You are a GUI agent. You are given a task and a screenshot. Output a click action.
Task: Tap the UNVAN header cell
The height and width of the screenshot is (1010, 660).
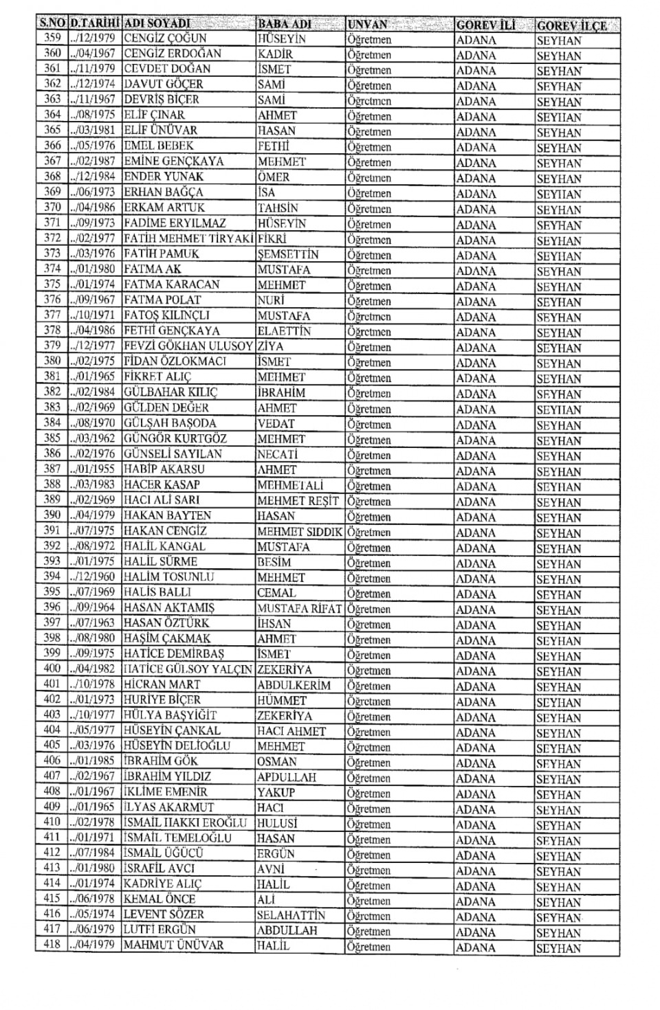(x=368, y=25)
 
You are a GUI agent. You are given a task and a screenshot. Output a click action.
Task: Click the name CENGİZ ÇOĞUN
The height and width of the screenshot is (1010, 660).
(x=165, y=38)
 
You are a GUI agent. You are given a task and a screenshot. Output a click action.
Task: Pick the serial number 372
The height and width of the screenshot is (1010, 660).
(x=52, y=238)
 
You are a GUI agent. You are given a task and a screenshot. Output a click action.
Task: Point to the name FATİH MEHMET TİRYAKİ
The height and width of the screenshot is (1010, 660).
(x=188, y=238)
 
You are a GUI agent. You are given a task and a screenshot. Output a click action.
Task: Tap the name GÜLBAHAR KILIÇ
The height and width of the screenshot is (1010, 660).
(x=170, y=392)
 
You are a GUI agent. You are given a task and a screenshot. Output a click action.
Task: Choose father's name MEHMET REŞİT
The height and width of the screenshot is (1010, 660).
(x=298, y=500)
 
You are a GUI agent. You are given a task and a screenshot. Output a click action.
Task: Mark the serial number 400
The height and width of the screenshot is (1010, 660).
(x=52, y=669)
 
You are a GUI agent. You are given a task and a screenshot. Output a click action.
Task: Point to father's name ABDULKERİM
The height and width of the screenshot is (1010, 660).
(x=294, y=685)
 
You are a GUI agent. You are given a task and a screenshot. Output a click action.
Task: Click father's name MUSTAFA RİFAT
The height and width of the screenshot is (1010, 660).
(x=299, y=608)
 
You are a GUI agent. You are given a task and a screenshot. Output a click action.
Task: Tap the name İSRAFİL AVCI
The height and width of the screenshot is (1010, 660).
(x=159, y=868)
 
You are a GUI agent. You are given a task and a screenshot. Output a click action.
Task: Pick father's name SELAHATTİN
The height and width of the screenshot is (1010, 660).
(x=291, y=915)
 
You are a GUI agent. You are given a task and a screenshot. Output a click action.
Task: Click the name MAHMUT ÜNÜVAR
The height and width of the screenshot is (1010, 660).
(x=173, y=945)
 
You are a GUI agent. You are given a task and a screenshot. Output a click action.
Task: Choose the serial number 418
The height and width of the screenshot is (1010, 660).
(x=52, y=945)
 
